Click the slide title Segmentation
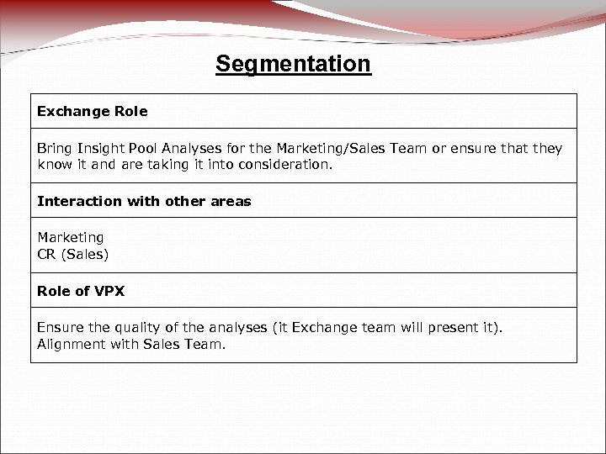click(292, 64)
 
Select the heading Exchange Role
click(93, 111)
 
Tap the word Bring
click(55, 149)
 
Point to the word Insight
click(101, 149)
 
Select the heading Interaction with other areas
click(144, 202)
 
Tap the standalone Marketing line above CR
click(71, 239)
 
